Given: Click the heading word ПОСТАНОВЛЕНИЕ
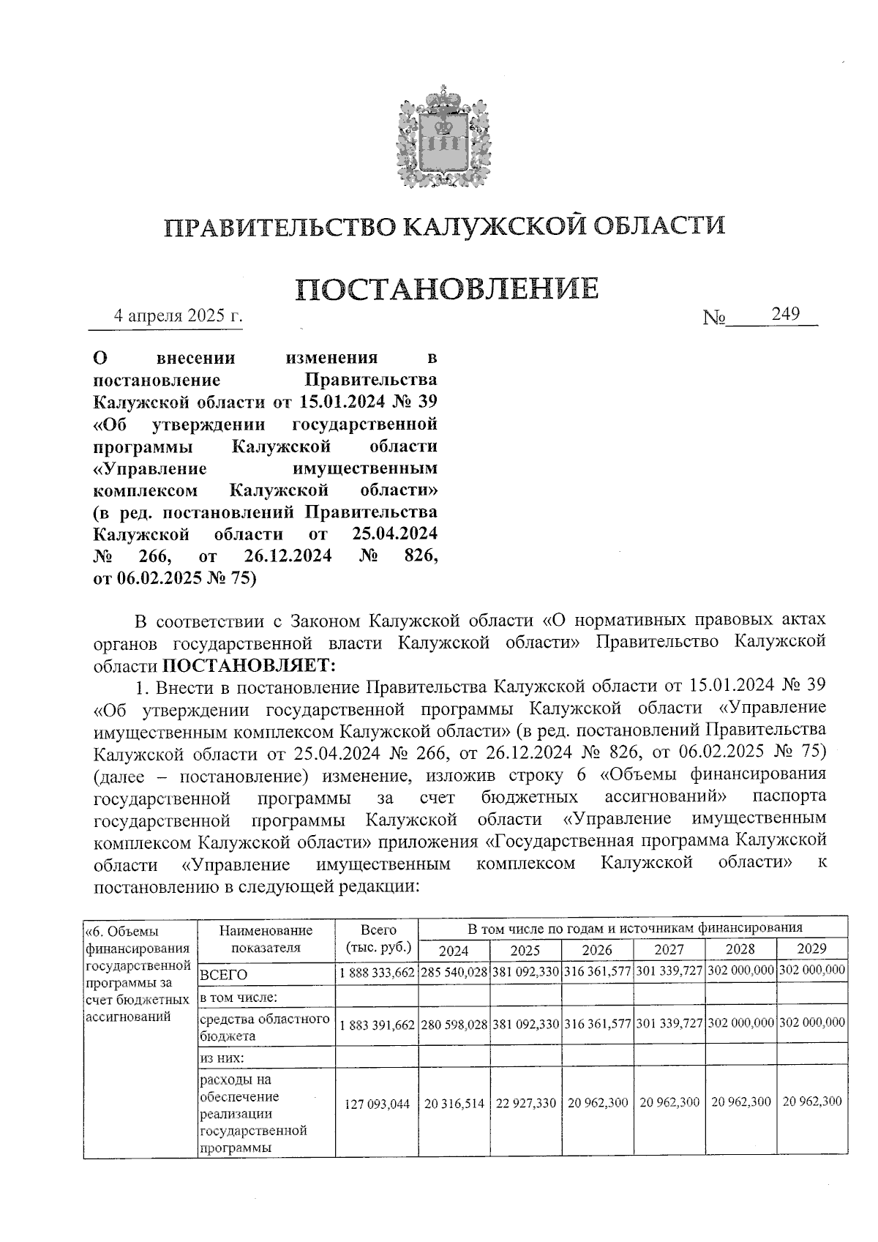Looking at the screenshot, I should pos(447,288).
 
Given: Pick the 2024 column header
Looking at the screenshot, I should pos(454,950).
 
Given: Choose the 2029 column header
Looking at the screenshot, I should pos(811,949).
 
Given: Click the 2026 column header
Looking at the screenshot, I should pos(596,950).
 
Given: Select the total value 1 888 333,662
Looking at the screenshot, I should pos(378,973).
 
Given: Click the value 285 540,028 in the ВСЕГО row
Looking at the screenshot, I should pos(454,973).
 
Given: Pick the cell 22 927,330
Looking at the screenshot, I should pos(526,1103).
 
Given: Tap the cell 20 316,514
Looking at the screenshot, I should pos(454,1103).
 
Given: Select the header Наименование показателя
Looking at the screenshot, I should pos(266,939).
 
